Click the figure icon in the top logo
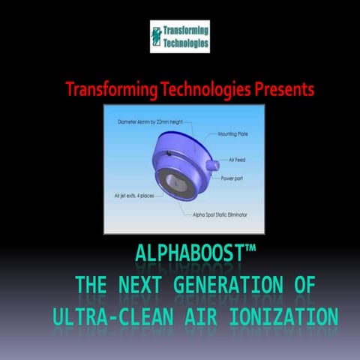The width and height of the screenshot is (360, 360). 157,37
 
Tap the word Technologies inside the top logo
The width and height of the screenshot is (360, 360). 187,43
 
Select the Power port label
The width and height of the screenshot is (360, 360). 235,178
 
